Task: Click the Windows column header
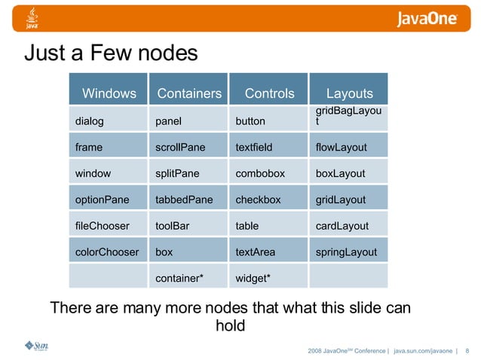tap(109, 93)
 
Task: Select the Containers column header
tap(188, 93)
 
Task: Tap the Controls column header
tap(269, 93)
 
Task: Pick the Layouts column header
tap(349, 93)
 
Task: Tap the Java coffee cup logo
tap(32, 18)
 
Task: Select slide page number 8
tap(467, 350)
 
